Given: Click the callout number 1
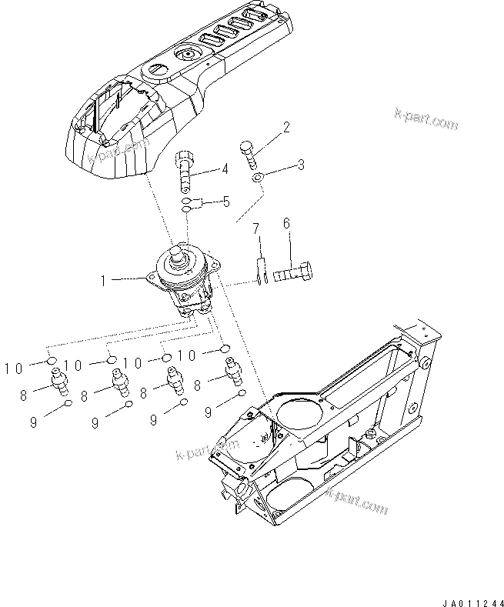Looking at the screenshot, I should click(x=102, y=282).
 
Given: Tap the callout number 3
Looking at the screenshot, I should click(x=302, y=165).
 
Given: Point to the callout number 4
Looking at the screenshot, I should click(x=225, y=169).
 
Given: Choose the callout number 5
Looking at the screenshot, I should click(x=226, y=202).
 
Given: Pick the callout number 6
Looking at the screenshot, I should click(x=286, y=223).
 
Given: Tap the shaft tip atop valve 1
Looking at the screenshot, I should click(x=183, y=249).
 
